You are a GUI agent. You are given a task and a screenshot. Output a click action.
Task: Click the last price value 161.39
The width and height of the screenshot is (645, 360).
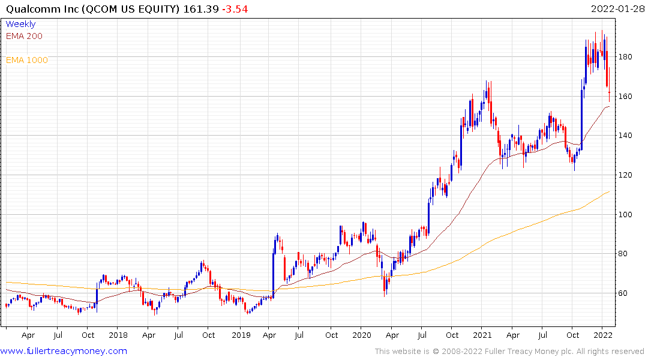[205, 9]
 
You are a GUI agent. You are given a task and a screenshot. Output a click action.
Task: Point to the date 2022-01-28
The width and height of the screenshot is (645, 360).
[616, 9]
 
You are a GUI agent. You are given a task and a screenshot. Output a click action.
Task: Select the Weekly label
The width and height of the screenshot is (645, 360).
[20, 24]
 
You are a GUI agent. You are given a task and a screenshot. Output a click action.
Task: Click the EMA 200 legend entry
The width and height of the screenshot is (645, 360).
[24, 36]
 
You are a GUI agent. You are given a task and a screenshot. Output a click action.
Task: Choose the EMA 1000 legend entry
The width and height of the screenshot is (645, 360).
[26, 60]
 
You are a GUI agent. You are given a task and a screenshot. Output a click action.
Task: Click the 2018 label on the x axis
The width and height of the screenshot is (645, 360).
[118, 335]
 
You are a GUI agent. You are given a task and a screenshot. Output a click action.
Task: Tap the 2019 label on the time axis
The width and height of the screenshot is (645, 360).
[241, 335]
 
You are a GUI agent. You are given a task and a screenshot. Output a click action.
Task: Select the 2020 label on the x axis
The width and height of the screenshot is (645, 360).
[362, 335]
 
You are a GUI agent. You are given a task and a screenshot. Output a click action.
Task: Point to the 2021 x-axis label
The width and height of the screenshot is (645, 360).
[483, 335]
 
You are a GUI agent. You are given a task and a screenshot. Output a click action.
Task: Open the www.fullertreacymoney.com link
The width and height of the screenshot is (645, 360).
[64, 351]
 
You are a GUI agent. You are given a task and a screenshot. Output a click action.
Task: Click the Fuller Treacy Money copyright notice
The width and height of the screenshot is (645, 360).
[509, 351]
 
